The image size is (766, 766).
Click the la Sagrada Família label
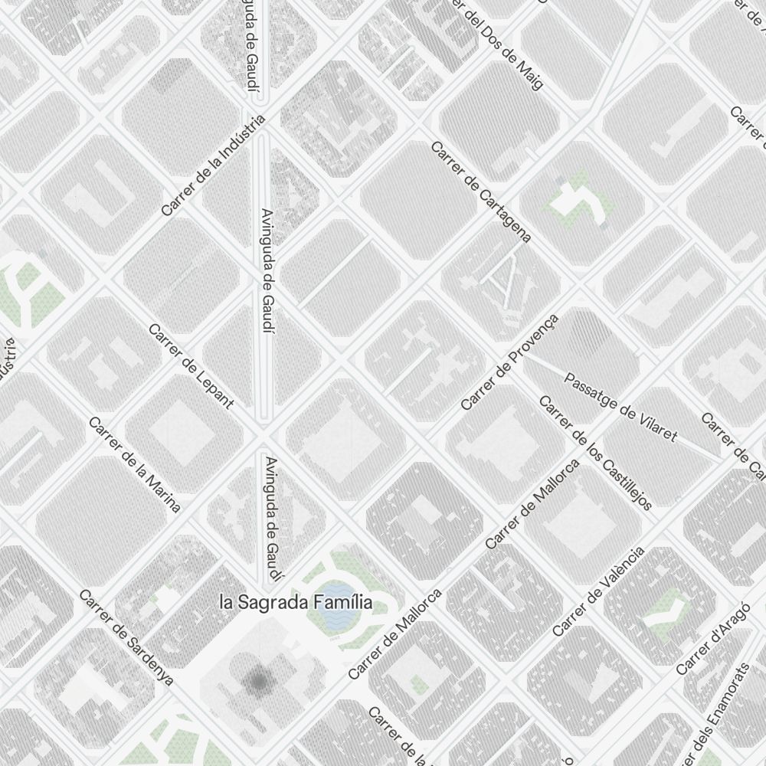click(296, 603)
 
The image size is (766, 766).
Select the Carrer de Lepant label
click(191, 366)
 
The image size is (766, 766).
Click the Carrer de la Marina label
click(134, 465)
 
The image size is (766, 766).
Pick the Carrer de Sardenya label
click(126, 637)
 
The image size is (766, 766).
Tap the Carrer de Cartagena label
click(481, 191)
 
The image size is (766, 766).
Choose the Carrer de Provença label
click(510, 361)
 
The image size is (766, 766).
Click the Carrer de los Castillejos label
click(595, 453)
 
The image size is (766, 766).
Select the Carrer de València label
click(599, 591)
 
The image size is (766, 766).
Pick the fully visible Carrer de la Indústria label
click(214, 165)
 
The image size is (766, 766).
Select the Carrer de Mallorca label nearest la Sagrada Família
click(395, 633)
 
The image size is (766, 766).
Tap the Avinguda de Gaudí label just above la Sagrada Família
click(272, 519)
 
